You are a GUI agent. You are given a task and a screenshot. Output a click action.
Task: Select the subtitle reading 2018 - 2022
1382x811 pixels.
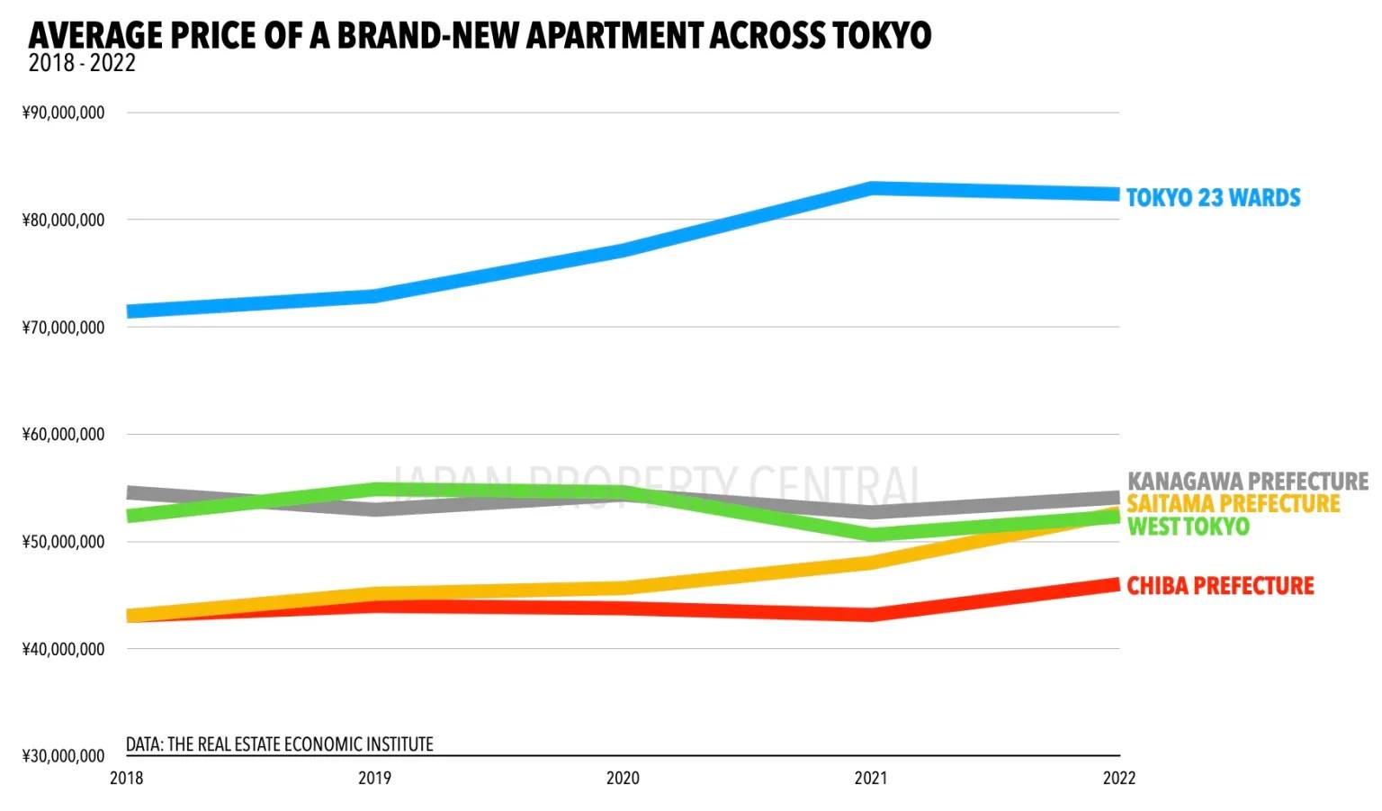82,63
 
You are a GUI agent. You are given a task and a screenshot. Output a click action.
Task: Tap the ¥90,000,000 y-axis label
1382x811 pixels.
63,113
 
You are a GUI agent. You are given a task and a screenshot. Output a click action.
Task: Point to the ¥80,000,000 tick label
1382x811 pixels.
63,220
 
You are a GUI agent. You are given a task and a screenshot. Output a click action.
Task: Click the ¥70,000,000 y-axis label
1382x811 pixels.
63,327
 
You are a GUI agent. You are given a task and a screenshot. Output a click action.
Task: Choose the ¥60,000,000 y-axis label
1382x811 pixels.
63,434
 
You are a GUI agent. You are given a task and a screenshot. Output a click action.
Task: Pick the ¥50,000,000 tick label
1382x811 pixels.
63,541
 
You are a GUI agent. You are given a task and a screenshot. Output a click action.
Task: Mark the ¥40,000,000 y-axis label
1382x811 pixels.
63,648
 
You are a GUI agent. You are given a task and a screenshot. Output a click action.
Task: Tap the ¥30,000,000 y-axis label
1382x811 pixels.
63,755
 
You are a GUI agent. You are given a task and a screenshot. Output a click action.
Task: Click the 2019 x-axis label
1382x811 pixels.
374,778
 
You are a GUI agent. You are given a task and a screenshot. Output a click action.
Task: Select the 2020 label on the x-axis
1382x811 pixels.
623,778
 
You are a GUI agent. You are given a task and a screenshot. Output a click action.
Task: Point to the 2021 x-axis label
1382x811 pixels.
871,778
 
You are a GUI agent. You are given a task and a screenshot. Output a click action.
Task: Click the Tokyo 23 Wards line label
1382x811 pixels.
1213,198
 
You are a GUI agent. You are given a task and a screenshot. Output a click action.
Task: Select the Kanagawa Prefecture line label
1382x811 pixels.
1248,482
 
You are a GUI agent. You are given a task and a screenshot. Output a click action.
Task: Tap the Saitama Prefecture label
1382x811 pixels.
1234,503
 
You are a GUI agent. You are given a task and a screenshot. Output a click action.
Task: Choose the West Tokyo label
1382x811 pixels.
1188,527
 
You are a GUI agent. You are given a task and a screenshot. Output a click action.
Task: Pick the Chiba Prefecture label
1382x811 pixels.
1220,586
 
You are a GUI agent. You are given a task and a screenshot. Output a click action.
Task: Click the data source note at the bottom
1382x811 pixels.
279,744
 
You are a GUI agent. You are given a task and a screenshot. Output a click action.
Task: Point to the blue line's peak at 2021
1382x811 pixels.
871,188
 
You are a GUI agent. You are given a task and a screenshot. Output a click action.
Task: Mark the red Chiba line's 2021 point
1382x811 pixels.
871,615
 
